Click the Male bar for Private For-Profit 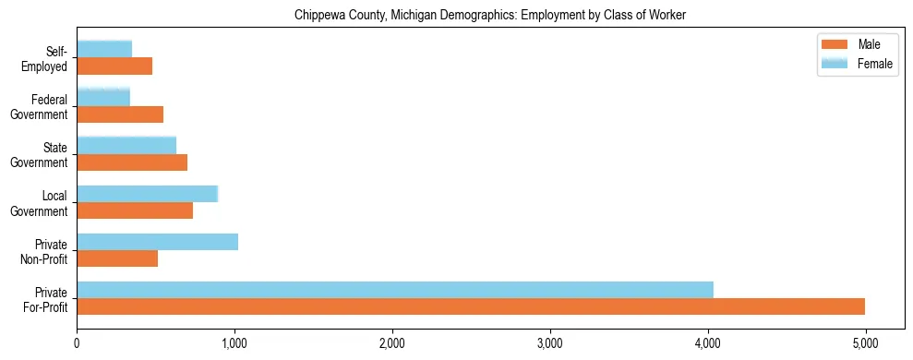(471, 306)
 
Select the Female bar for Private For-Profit (395, 290)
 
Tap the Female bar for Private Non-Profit (158, 242)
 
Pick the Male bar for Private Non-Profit (117, 258)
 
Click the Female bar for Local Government (148, 194)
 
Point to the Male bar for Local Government (135, 210)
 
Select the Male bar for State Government (132, 162)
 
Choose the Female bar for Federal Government (103, 97)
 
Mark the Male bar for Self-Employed (114, 66)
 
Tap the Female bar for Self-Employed (104, 49)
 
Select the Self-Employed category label (46, 58)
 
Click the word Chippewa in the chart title (318, 16)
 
